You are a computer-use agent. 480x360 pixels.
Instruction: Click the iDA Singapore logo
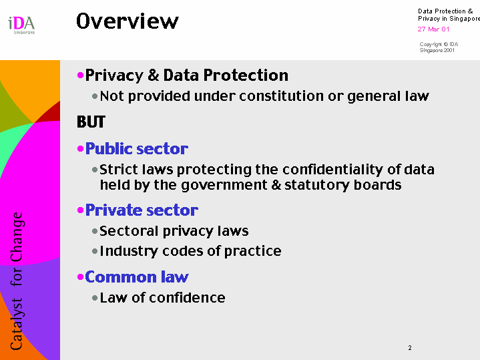pyautogui.click(x=21, y=25)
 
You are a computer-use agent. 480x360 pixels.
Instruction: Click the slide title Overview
pyautogui.click(x=128, y=21)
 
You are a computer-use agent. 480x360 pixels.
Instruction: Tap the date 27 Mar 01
pyautogui.click(x=433, y=29)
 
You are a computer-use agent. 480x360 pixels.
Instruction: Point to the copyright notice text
pyautogui.click(x=439, y=47)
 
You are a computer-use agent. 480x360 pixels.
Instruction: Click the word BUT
pyautogui.click(x=91, y=122)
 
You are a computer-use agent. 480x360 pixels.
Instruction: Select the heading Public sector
pyautogui.click(x=137, y=149)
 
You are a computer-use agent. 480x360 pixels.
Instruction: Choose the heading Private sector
pyautogui.click(x=142, y=210)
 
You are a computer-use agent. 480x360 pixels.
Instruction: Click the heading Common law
pyautogui.click(x=137, y=277)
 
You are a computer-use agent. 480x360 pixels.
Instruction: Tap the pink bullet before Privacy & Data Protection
pyautogui.click(x=81, y=75)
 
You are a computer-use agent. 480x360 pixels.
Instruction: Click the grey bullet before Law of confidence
pyautogui.click(x=95, y=298)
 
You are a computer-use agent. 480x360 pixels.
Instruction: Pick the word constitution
pyautogui.click(x=281, y=96)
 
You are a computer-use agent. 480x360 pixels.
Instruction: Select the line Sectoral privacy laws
pyautogui.click(x=174, y=231)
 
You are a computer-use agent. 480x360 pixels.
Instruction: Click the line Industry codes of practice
pyautogui.click(x=190, y=251)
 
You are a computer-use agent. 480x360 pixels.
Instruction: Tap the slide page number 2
pyautogui.click(x=410, y=348)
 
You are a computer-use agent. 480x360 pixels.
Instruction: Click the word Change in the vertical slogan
pyautogui.click(x=17, y=238)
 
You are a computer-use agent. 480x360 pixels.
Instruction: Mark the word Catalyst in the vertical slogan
pyautogui.click(x=17, y=324)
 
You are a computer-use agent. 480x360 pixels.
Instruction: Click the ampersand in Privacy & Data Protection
pyautogui.click(x=153, y=75)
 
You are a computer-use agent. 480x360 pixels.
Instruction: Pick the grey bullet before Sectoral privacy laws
pyautogui.click(x=95, y=231)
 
